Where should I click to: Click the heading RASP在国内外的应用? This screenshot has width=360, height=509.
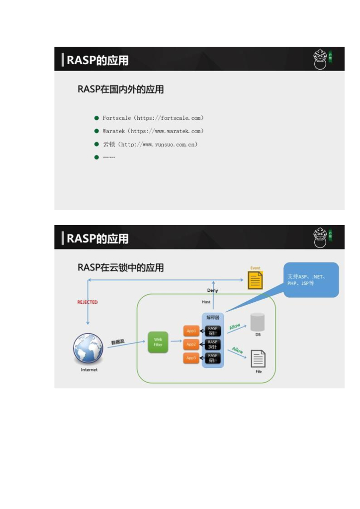coord(121,89)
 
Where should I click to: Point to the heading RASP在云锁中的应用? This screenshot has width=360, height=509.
coord(121,267)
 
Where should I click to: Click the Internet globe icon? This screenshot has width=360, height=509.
coord(89,348)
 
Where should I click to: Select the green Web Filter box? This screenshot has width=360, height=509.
coord(158,342)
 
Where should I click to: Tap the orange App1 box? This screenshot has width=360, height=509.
coord(191,331)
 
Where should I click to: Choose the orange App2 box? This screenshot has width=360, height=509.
coord(191,344)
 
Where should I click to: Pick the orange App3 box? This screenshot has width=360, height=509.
coord(191,357)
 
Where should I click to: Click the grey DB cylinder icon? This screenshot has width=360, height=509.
coord(258,322)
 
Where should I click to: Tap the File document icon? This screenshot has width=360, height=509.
coord(258,358)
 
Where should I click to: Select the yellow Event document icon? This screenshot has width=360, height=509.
coord(255,280)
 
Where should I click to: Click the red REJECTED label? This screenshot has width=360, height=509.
coord(88,302)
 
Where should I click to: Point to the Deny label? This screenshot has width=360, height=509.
coord(212,290)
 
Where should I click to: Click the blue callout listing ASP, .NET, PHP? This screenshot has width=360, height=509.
coord(311,280)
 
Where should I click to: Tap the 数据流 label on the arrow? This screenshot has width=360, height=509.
coord(118,342)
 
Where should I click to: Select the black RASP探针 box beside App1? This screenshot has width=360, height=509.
coord(213,331)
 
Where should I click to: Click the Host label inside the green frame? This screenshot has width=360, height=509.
coord(206,302)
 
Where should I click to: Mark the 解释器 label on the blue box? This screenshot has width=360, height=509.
coord(213,318)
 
